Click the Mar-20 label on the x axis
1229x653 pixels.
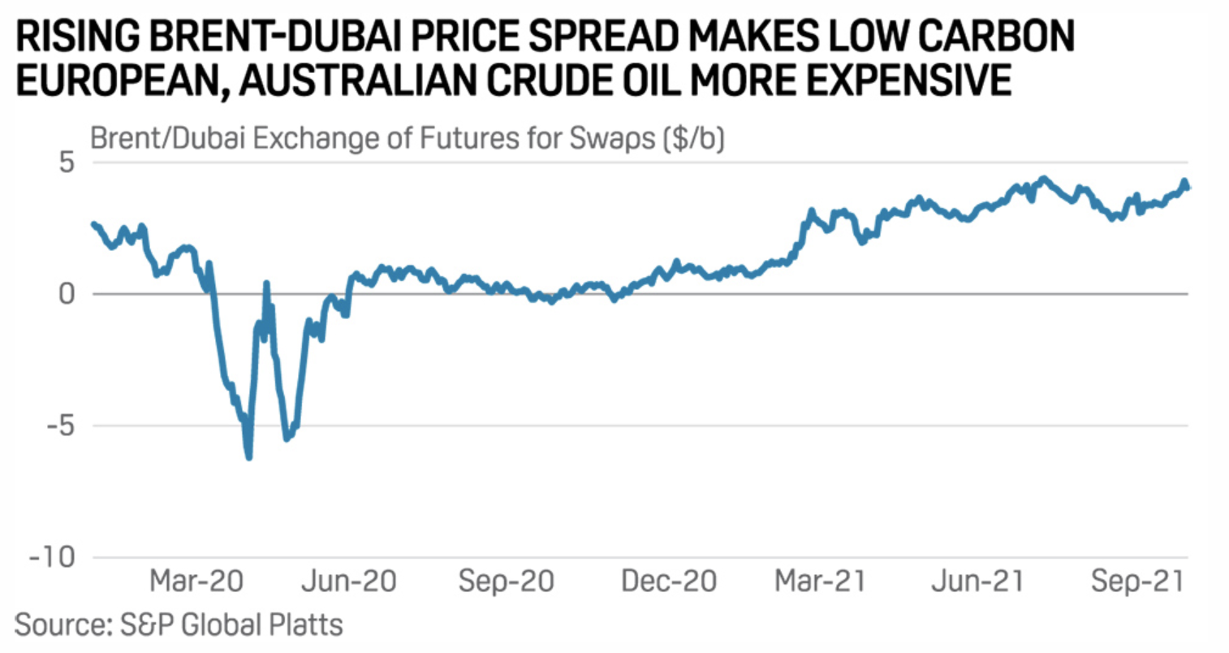196,582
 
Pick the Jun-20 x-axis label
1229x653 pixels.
349,582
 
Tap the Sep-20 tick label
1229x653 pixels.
506,582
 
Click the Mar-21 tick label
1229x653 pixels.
820,582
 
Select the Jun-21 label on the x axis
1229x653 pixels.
977,582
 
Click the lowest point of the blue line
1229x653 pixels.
248,457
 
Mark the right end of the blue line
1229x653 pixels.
1188,188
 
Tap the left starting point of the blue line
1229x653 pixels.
93,223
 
